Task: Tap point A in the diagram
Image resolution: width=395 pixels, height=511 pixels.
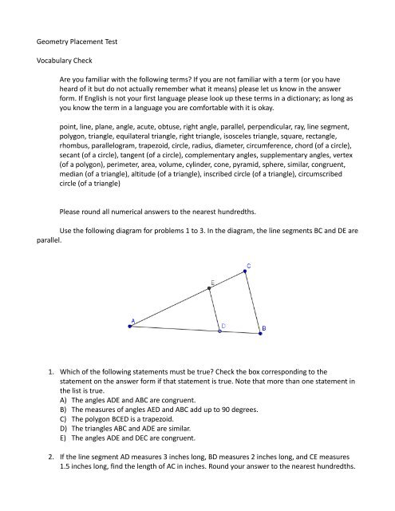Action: [x=133, y=323]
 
